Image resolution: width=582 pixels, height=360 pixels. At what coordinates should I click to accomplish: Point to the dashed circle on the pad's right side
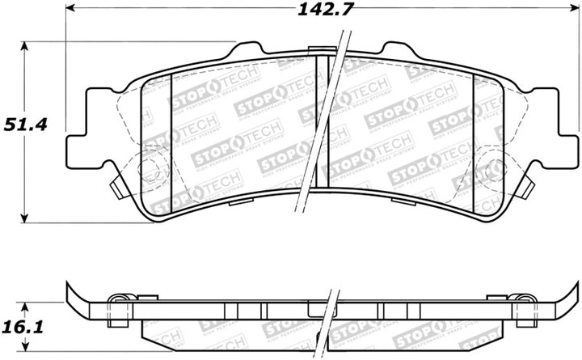pyautogui.click(x=492, y=169)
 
